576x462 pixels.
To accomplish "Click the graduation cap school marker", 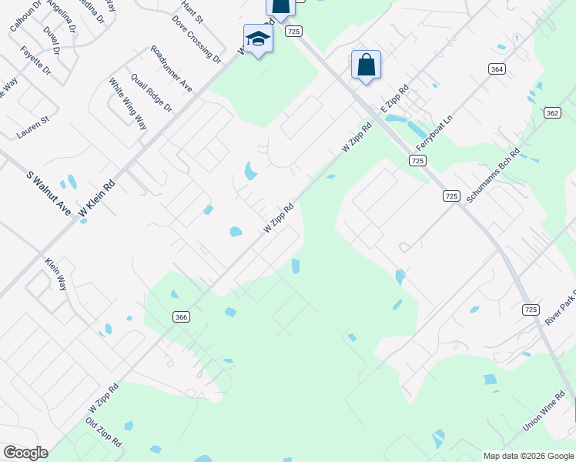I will pyautogui.click(x=258, y=39).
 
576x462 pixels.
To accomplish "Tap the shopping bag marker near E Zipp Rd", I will pyautogui.click(x=366, y=65).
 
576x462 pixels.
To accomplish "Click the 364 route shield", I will pyautogui.click(x=497, y=69).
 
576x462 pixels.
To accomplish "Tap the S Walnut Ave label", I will pyautogui.click(x=49, y=192).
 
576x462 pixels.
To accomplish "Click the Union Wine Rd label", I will pyautogui.click(x=544, y=416).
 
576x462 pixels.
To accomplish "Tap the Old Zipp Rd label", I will pyautogui.click(x=103, y=432).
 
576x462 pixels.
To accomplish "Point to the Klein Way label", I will pyautogui.click(x=56, y=273).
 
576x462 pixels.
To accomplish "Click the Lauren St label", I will pyautogui.click(x=33, y=128).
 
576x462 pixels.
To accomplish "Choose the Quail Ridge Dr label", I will pyautogui.click(x=152, y=93).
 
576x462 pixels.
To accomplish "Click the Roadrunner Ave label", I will pyautogui.click(x=172, y=69).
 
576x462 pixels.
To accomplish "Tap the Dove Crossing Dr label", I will pyautogui.click(x=196, y=38).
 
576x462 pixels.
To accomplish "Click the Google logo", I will pyautogui.click(x=25, y=453).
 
